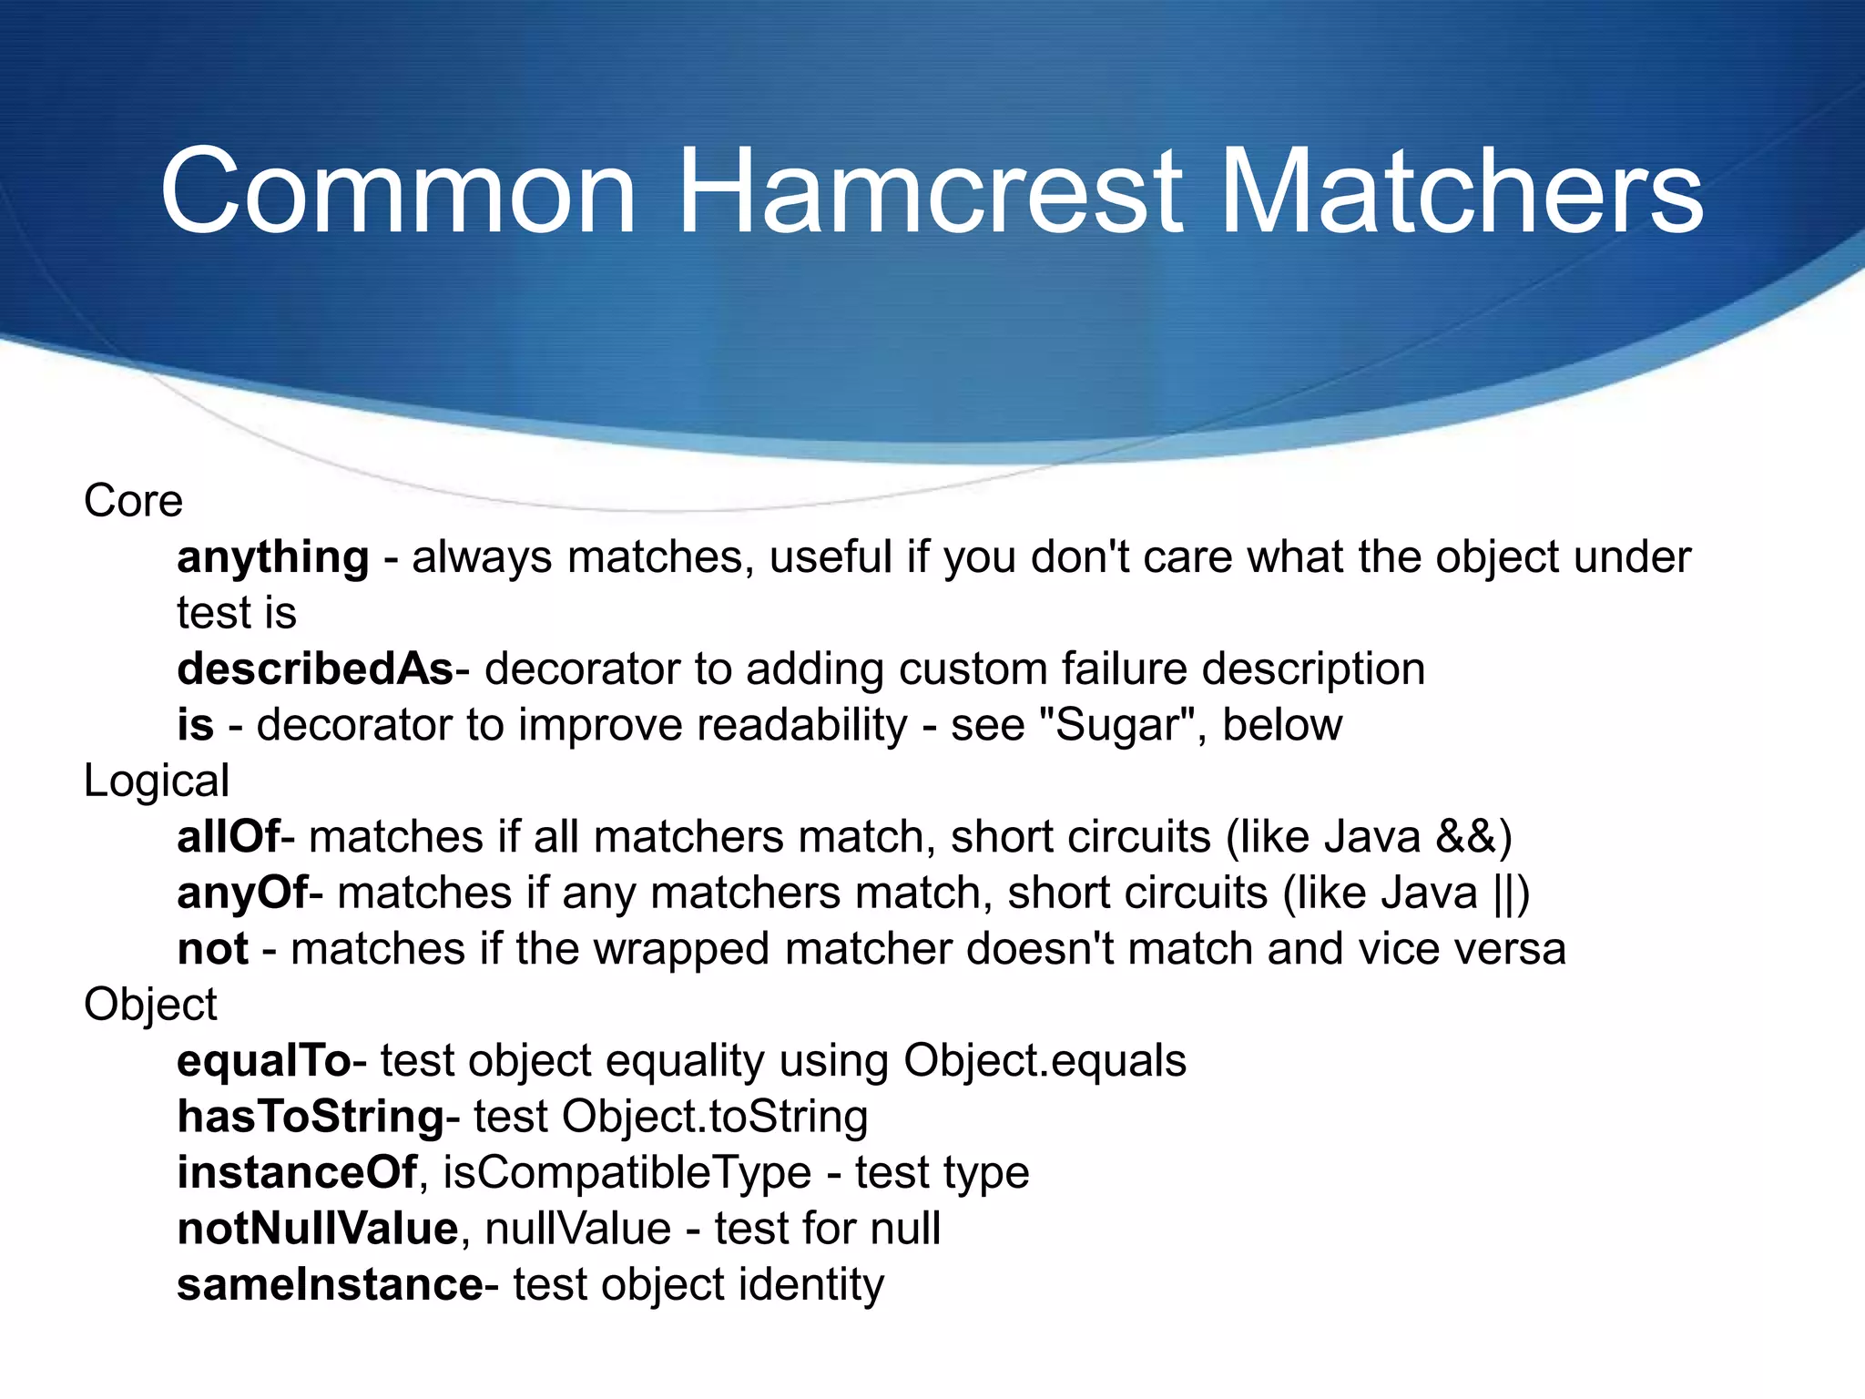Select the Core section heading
tap(133, 501)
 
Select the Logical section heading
tap(156, 781)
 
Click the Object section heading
tap(150, 1005)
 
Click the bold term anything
tap(273, 557)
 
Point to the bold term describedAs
tap(315, 669)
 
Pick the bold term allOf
tap(229, 837)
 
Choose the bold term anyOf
tap(242, 893)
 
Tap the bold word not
tap(212, 949)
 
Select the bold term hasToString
tap(311, 1117)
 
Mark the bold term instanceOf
tap(297, 1172)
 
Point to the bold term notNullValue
tap(318, 1229)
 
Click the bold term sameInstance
tap(330, 1285)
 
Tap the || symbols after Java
tap(1504, 894)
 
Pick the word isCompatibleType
tap(627, 1173)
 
